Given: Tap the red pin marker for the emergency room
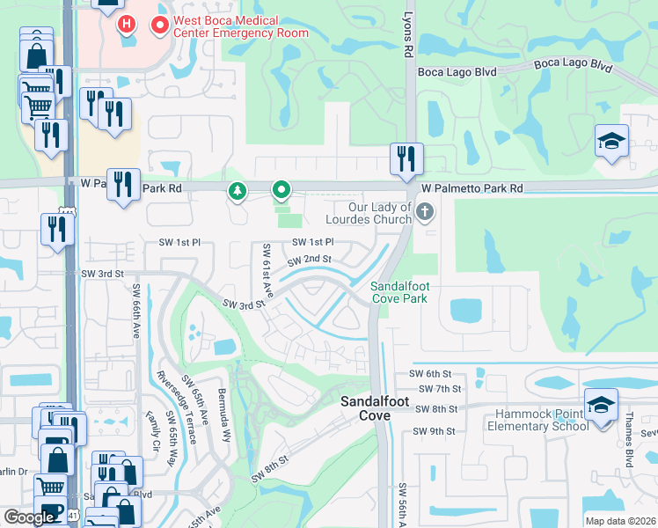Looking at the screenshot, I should point(159,26).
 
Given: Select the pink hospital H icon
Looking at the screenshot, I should point(128,23).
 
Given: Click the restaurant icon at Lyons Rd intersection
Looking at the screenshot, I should point(406,159).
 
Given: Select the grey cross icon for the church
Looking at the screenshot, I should point(426,211).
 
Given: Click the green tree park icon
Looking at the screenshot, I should point(237,190).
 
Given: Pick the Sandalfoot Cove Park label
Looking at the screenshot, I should point(398,292).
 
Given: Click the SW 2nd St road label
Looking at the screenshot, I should point(310,260).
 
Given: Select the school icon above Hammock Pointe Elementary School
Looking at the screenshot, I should point(601,405).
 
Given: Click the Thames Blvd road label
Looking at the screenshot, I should point(630,448).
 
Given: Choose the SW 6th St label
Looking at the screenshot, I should point(428,375).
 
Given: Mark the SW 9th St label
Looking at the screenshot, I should point(435,431).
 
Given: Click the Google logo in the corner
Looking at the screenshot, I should point(29,517).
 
